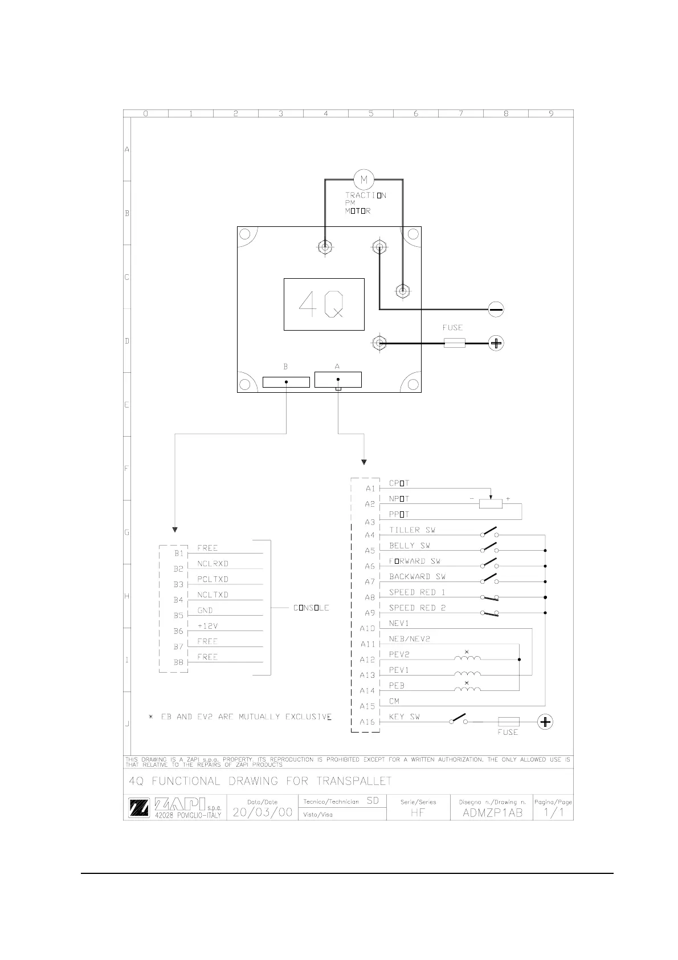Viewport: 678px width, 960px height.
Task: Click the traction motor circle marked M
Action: click(363, 180)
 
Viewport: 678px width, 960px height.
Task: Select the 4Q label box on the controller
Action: click(324, 304)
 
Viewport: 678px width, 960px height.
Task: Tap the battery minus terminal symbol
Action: click(496, 310)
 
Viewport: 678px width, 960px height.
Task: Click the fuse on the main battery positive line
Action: click(454, 343)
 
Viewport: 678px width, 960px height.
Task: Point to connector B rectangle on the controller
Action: click(286, 382)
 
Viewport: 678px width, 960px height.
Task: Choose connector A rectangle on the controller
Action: click(338, 380)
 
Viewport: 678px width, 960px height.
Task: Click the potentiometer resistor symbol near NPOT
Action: click(491, 503)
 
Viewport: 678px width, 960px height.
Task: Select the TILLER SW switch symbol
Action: click(490, 532)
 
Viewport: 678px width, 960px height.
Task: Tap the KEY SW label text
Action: click(404, 717)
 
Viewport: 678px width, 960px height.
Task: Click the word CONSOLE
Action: click(311, 608)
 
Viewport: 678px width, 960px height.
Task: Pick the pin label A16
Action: click(367, 722)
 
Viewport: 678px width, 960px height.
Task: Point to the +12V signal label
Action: click(207, 626)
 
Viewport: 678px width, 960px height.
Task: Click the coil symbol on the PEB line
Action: click(467, 689)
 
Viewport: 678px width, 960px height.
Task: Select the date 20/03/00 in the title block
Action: click(263, 812)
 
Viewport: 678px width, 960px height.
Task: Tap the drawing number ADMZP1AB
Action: click(492, 813)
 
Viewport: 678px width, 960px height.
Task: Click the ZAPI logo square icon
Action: click(139, 808)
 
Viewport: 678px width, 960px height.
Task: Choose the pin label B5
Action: click(179, 616)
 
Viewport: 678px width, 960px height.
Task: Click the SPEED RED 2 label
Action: click(417, 608)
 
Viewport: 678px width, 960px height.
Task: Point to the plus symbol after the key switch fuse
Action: click(545, 722)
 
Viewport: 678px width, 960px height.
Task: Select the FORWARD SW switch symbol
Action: click(490, 564)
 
